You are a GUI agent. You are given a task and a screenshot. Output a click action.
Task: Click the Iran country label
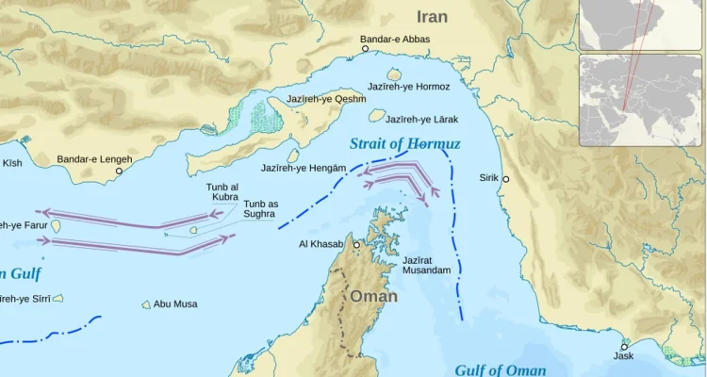click(x=433, y=17)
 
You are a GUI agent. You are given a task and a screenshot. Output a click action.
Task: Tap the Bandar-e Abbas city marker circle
click(x=366, y=49)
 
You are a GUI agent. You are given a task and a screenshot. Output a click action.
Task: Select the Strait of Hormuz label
click(x=403, y=144)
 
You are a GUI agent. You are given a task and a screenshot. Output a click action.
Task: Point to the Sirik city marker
click(x=505, y=179)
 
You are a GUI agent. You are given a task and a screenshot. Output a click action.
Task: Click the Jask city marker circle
click(x=624, y=347)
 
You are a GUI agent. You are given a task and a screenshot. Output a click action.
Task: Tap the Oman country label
click(x=374, y=296)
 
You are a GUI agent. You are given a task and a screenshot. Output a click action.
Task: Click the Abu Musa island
click(x=146, y=304)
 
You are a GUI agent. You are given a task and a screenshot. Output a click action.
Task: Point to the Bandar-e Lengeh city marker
click(x=119, y=172)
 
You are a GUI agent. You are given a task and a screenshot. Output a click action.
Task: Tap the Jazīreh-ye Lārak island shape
click(x=377, y=115)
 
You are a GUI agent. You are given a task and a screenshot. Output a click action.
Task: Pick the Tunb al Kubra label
click(x=222, y=192)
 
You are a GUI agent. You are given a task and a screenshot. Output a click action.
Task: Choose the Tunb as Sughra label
click(x=260, y=209)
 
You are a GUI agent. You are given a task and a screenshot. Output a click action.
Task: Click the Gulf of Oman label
click(x=500, y=370)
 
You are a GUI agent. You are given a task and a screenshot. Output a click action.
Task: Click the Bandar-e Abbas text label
click(x=395, y=40)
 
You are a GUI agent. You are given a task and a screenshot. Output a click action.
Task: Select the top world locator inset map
click(x=640, y=25)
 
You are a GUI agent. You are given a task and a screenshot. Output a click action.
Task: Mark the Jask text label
click(x=623, y=356)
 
